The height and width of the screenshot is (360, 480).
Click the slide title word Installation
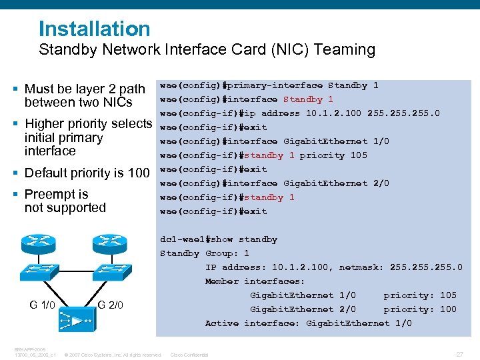95,29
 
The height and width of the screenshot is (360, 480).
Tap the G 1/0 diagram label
42,305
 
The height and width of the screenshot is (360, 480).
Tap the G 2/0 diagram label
110,305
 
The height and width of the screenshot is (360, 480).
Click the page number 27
459,354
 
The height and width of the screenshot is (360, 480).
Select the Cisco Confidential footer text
190,355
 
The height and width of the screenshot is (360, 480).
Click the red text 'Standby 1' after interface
308,99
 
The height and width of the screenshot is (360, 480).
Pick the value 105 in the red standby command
359,155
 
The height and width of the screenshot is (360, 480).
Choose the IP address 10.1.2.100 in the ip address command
333,113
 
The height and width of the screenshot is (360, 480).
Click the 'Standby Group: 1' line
205,253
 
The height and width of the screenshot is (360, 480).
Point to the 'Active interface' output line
308,323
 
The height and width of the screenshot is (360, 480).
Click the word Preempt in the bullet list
49,194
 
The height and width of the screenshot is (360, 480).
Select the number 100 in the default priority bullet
138,173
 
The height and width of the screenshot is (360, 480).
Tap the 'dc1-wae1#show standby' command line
219,239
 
